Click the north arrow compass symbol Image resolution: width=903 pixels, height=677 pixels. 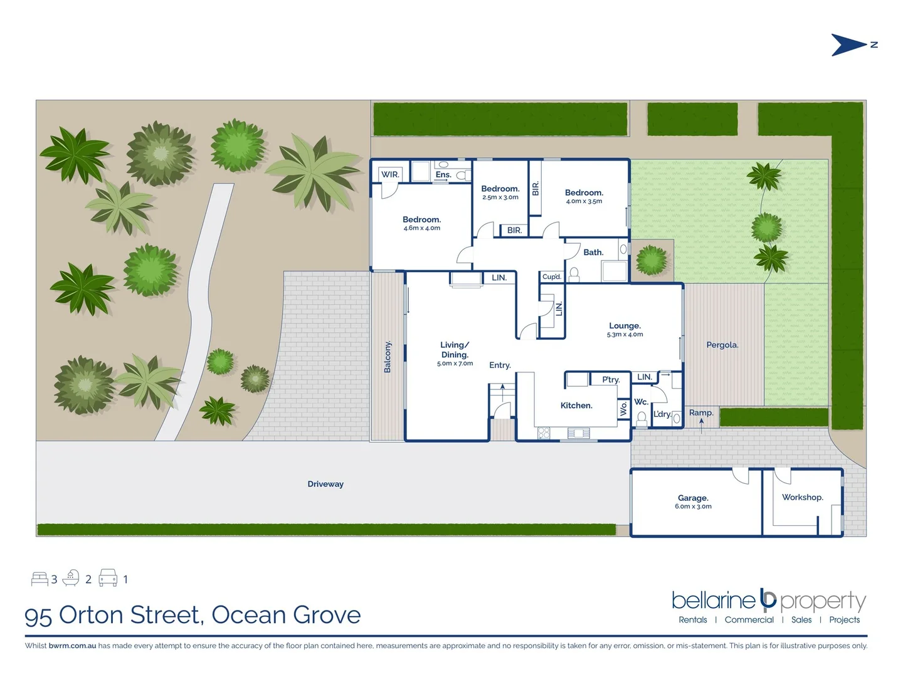pyautogui.click(x=850, y=45)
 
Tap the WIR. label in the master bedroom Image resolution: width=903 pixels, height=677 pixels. pyautogui.click(x=390, y=174)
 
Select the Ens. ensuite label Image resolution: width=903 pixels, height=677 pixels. pyautogui.click(x=443, y=174)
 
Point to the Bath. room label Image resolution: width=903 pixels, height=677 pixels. pyautogui.click(x=593, y=252)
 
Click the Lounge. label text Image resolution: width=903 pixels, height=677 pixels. pyautogui.click(x=625, y=325)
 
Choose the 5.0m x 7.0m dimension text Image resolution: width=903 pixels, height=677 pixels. pyautogui.click(x=455, y=364)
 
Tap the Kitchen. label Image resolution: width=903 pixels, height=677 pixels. pyautogui.click(x=576, y=406)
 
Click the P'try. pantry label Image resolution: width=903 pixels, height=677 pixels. pyautogui.click(x=611, y=379)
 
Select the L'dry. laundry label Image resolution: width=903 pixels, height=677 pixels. pyautogui.click(x=662, y=414)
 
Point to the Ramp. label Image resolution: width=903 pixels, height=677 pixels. pyautogui.click(x=701, y=412)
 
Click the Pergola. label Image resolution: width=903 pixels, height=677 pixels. pyautogui.click(x=722, y=345)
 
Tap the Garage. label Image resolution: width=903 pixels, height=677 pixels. pyautogui.click(x=693, y=498)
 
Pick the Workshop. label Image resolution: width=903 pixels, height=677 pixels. pyautogui.click(x=803, y=497)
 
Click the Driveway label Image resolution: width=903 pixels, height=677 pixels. pyautogui.click(x=325, y=484)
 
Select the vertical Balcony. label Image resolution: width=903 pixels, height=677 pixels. pyautogui.click(x=388, y=357)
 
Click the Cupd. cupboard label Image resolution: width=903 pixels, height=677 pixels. pyautogui.click(x=552, y=276)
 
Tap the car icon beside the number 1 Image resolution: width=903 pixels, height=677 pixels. pyautogui.click(x=108, y=578)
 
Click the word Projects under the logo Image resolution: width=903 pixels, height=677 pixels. pyautogui.click(x=844, y=619)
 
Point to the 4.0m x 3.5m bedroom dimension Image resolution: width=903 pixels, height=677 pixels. pyautogui.click(x=584, y=201)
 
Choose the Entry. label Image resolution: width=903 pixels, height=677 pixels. pyautogui.click(x=500, y=365)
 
